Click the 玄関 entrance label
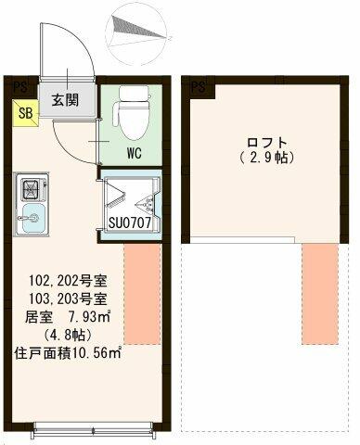point(66,100)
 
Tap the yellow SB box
point(26,113)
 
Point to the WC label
point(134,153)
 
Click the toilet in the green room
point(132,111)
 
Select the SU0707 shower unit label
point(130,222)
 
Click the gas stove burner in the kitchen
point(30,189)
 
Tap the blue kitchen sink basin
point(32,218)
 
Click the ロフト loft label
point(266,143)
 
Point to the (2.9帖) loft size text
point(266,158)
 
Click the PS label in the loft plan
point(199,87)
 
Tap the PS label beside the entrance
point(20,88)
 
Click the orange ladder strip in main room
point(143,294)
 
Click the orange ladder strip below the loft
point(320,294)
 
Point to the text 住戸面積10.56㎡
point(67,353)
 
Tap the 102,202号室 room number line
point(68,281)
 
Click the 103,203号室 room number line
point(68,299)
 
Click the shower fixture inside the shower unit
point(146,203)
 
